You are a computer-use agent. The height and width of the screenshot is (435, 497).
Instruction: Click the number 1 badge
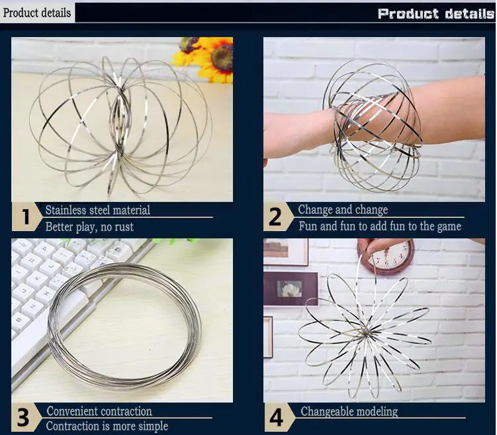pos(26,217)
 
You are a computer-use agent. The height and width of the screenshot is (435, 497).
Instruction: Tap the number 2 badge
pos(276,217)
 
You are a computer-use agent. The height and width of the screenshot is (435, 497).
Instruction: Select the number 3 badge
pos(24,417)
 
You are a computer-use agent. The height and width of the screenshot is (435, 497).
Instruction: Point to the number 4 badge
pos(277,417)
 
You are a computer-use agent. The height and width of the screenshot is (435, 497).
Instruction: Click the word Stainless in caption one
pos(66,210)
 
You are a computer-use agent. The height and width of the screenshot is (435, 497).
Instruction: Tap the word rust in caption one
pos(124,227)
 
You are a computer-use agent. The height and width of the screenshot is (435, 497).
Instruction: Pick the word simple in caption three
pos(154,426)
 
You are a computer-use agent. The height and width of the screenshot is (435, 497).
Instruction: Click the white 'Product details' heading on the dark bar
pos(436,14)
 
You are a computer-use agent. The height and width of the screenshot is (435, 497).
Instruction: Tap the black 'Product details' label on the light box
pos(37,13)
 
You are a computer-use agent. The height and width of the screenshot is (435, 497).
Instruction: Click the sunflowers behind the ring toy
pos(203,59)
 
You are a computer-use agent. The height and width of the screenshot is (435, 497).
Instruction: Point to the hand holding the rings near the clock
pos(377,246)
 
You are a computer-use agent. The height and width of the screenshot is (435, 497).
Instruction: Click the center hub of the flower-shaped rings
pos(365,332)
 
